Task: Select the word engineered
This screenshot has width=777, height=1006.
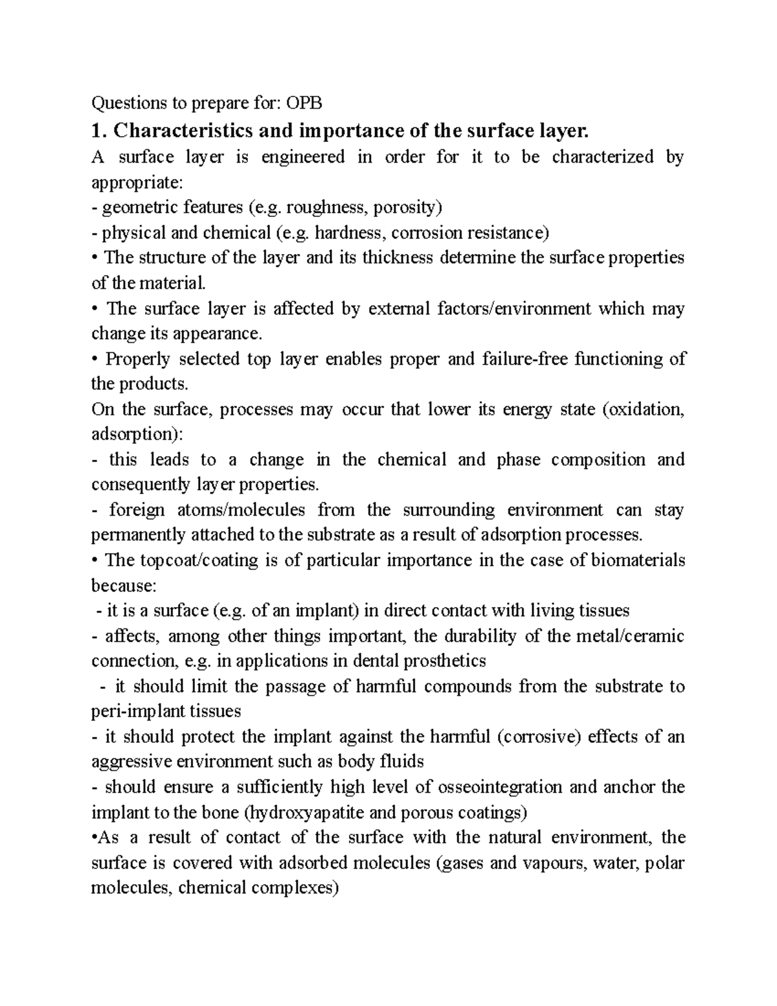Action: (x=302, y=157)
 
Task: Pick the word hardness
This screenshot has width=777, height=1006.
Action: (x=349, y=233)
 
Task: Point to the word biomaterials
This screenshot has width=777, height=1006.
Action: (x=638, y=560)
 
